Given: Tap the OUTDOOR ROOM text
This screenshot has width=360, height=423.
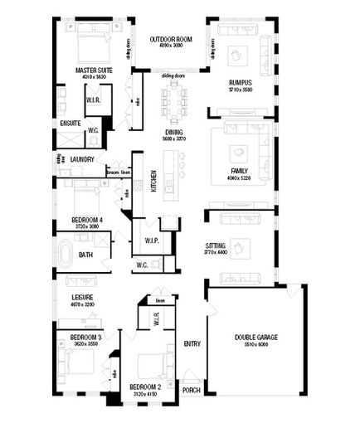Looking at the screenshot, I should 170,39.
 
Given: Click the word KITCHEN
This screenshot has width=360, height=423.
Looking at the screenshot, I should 153,182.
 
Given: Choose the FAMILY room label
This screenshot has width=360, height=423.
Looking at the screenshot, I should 239,171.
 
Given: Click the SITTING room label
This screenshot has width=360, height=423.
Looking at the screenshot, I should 216,246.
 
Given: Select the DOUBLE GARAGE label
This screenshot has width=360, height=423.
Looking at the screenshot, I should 255,338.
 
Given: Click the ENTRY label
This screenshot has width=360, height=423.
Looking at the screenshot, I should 192,343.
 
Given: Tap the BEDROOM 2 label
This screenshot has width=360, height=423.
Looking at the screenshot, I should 145,387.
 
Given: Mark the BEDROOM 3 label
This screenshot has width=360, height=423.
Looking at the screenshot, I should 85,337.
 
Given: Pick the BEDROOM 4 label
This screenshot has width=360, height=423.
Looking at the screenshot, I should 87,220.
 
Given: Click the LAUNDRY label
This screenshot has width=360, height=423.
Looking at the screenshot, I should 81,158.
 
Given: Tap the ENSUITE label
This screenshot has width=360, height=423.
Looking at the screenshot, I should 70,124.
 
